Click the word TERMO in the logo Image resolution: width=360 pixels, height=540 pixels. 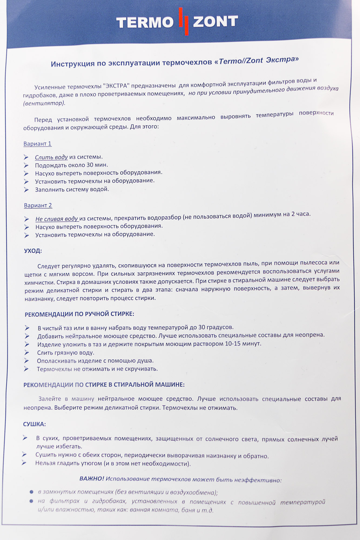coord(145,22)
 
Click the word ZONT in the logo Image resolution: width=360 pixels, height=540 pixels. coord(215,21)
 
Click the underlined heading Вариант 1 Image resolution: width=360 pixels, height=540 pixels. coord(37,144)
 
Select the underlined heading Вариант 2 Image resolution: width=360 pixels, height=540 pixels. coord(38,205)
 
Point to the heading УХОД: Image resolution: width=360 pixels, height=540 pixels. coord(33,251)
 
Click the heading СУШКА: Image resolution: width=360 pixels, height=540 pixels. coord(34,424)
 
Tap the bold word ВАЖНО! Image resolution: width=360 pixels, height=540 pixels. coord(92,479)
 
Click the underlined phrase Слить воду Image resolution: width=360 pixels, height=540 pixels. coord(51,157)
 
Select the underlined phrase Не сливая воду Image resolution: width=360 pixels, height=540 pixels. coord(57,219)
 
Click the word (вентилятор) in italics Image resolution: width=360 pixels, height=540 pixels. coord(44,103)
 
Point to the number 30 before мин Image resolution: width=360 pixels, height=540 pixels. coord(90,165)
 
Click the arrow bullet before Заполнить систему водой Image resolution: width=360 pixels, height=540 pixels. coord(26,190)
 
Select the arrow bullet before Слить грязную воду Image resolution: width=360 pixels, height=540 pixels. coord(26,353)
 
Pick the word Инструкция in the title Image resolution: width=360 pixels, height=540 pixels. coord(73,64)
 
